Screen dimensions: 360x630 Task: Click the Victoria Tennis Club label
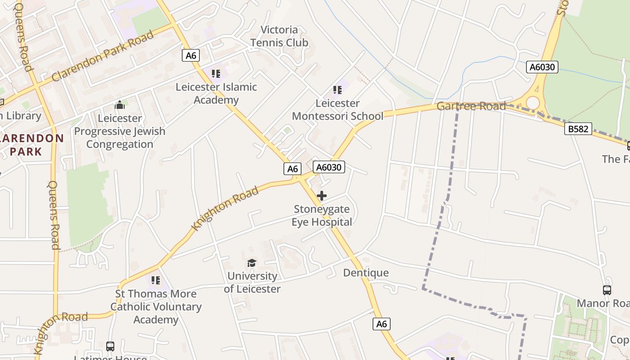click(279, 36)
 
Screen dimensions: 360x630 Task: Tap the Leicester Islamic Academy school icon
click(216, 73)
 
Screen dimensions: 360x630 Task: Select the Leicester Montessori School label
click(337, 110)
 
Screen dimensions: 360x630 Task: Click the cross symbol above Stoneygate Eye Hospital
click(322, 196)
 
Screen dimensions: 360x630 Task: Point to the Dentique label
click(366, 273)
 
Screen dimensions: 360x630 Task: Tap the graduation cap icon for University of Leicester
click(252, 263)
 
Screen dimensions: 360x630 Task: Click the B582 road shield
click(578, 129)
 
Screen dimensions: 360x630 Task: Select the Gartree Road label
click(471, 107)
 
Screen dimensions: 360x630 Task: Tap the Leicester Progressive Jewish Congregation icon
click(120, 105)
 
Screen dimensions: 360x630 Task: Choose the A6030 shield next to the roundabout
click(542, 67)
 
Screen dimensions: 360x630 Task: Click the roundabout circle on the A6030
click(533, 103)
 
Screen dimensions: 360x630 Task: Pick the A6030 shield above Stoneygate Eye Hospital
click(329, 167)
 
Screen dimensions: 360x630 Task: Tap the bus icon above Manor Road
click(607, 290)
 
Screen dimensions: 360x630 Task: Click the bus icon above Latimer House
click(110, 346)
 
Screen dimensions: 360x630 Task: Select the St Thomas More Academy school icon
click(156, 280)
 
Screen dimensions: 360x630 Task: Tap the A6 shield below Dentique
click(381, 324)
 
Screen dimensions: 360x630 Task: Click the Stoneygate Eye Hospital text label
click(322, 216)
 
